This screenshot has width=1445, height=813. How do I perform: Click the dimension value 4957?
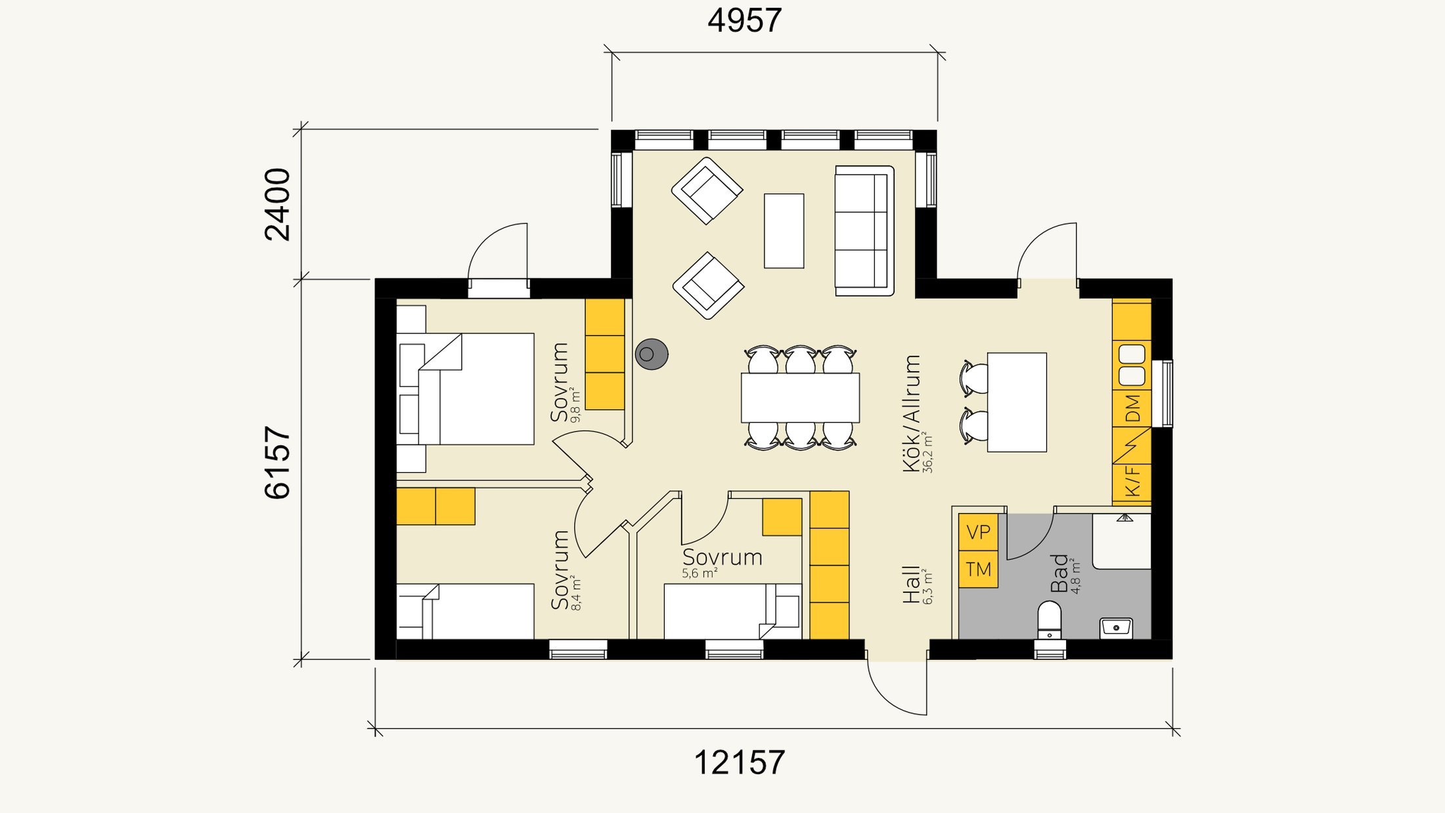[x=744, y=20]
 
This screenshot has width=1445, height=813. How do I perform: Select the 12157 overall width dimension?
[x=739, y=763]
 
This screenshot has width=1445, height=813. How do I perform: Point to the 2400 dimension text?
[x=277, y=204]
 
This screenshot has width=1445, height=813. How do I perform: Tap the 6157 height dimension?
[x=277, y=462]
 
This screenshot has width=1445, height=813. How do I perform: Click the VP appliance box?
[x=978, y=532]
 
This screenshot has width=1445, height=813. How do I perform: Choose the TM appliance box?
[x=978, y=569]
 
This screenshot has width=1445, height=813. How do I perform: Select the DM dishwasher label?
[x=1133, y=408]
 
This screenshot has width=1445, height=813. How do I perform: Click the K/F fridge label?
[x=1133, y=481]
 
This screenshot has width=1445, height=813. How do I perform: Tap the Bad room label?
[x=1059, y=573]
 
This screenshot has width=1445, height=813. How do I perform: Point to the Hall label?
[x=911, y=584]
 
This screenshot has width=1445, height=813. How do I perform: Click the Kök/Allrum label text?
[x=912, y=413]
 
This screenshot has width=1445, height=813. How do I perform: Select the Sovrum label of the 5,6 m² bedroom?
[x=722, y=558]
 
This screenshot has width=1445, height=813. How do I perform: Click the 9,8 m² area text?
[x=576, y=405]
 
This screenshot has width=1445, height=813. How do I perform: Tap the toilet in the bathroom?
[x=1050, y=619]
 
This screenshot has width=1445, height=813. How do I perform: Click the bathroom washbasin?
[x=1116, y=628]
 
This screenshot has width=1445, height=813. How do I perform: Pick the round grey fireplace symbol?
[x=652, y=354]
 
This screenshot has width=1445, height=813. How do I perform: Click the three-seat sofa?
[x=864, y=231]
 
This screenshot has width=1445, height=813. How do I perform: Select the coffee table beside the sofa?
[x=784, y=231]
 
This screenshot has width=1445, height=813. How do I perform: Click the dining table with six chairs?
[x=800, y=397]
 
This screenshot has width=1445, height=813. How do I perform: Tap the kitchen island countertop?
[x=1017, y=402]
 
